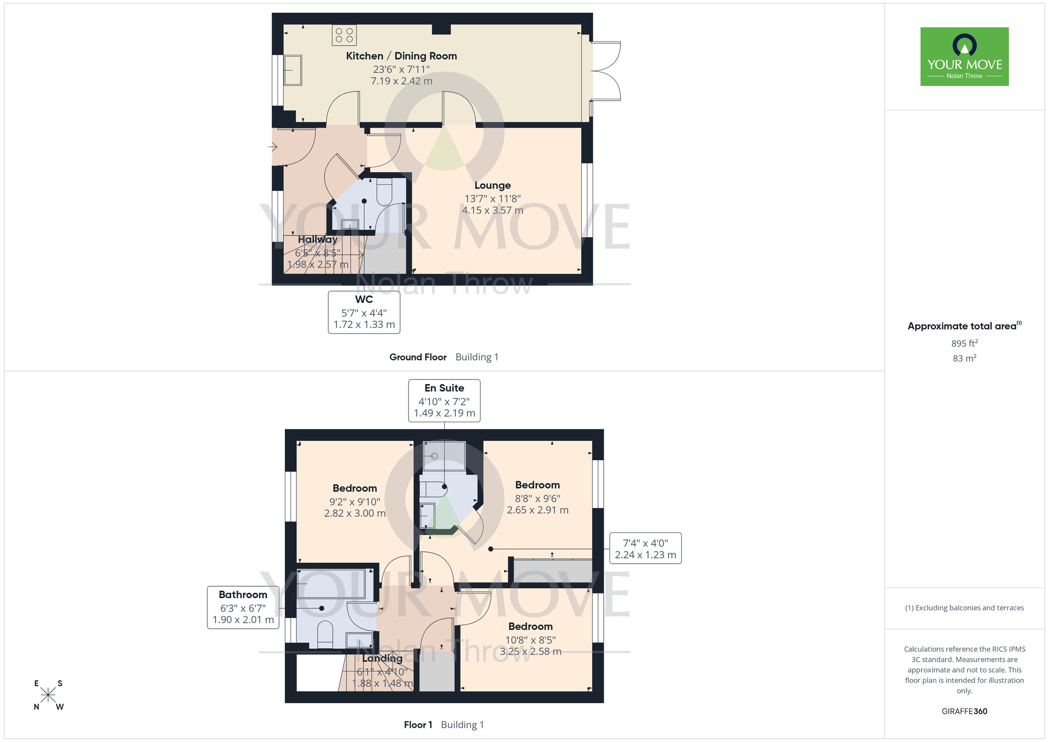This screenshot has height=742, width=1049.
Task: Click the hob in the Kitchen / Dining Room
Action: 344,35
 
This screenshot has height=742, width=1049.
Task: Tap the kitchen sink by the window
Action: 293,70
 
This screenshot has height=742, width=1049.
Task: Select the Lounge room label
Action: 493,185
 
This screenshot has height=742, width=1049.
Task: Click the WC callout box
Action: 364,312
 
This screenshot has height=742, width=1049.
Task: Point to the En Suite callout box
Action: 444,400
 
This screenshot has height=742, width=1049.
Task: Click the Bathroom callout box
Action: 243,607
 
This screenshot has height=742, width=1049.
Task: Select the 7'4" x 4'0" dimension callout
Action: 645,548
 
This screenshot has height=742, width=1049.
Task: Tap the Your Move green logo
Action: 965,57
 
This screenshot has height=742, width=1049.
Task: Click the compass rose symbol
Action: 48,695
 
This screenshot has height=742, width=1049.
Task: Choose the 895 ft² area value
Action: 965,343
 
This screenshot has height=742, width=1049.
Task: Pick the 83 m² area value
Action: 965,358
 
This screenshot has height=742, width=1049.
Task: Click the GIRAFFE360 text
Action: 965,712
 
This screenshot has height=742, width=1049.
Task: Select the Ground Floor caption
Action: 418,357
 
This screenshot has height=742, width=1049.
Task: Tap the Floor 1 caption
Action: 418,725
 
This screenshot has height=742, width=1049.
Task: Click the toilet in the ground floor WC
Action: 384,192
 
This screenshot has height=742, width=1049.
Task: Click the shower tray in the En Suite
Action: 444,456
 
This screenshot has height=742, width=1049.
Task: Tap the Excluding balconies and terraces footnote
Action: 965,608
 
